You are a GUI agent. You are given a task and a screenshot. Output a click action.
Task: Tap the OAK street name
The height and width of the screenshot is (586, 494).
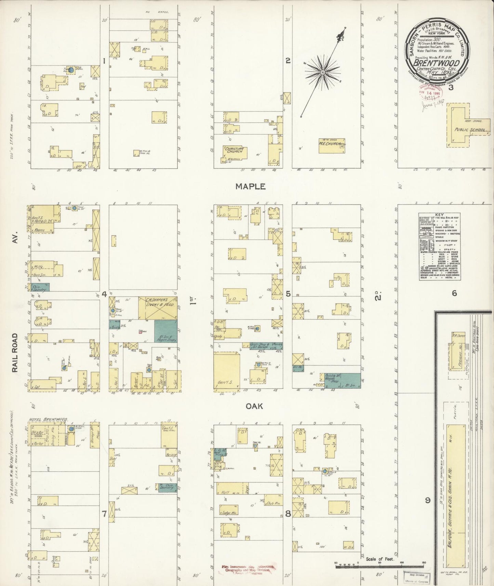[254, 406]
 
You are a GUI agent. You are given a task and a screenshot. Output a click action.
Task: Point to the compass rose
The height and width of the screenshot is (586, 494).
[322, 72]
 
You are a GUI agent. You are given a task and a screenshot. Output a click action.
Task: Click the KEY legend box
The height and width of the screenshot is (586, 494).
[439, 247]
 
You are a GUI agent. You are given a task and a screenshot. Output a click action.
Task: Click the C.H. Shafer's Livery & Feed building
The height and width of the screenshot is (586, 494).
[158, 308]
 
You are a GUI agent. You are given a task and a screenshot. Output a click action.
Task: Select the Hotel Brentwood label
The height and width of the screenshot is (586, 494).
[48, 419]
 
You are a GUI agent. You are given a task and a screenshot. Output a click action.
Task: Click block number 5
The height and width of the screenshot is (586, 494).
[288, 294]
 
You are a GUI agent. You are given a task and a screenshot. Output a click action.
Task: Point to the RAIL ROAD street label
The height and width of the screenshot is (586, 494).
[15, 353]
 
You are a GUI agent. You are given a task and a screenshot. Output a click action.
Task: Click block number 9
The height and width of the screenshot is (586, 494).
[427, 501]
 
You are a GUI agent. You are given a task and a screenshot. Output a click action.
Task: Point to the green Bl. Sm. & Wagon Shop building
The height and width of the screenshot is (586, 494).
[166, 334]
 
